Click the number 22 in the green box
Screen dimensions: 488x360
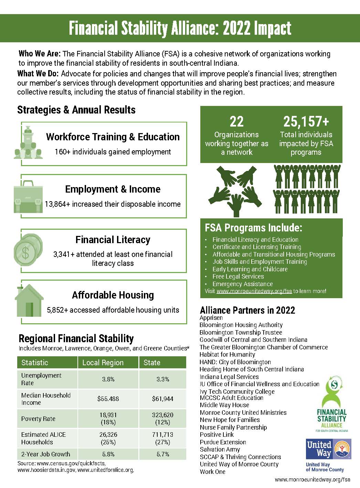(x=236, y=122)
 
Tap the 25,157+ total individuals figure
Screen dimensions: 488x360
(x=306, y=122)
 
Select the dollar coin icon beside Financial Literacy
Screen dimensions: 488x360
(x=27, y=249)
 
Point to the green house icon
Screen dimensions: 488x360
(x=29, y=301)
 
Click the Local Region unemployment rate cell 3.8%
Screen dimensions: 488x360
(x=108, y=379)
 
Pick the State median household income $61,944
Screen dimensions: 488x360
(x=162, y=399)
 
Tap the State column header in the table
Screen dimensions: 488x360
(x=152, y=362)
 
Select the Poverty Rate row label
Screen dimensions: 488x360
(x=38, y=419)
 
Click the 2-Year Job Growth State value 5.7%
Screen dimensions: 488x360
(x=162, y=454)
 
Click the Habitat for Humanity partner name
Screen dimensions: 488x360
(x=227, y=354)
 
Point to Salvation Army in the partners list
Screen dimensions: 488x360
(x=220, y=449)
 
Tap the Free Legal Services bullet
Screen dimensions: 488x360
(x=238, y=276)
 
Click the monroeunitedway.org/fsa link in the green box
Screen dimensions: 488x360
(x=254, y=291)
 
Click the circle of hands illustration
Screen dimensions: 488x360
(x=236, y=189)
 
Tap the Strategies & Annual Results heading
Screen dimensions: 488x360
(x=76, y=110)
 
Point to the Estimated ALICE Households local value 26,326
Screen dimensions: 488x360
(x=108, y=435)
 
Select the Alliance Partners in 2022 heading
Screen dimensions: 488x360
(x=247, y=310)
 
